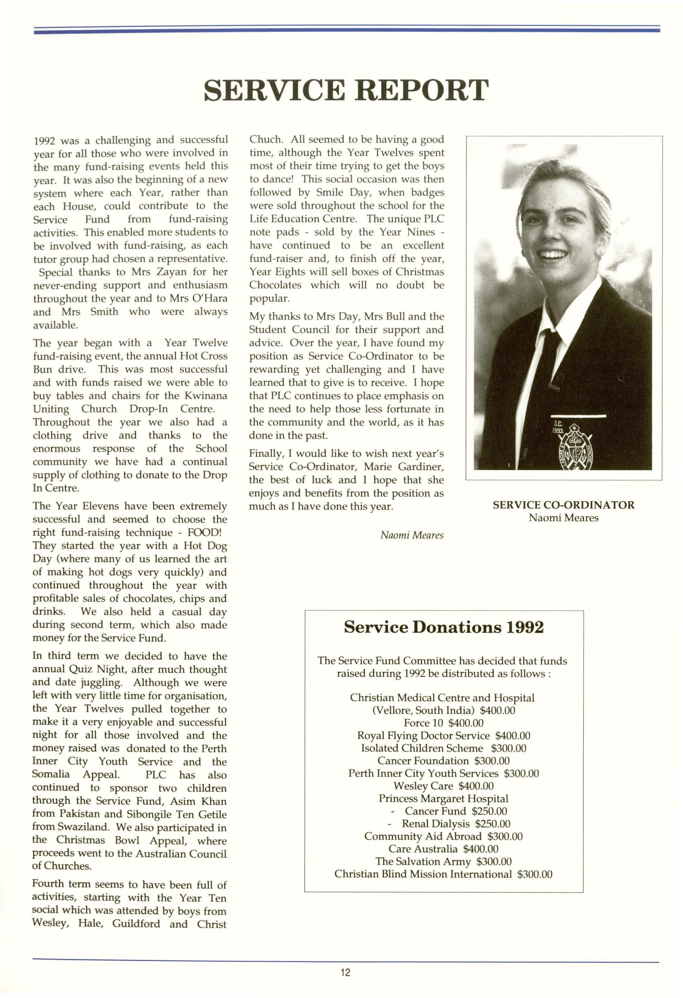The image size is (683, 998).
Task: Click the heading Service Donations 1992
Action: pyautogui.click(x=444, y=627)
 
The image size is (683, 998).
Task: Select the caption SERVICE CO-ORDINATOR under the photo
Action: pyautogui.click(x=563, y=505)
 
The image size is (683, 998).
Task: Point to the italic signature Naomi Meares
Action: pyautogui.click(x=411, y=535)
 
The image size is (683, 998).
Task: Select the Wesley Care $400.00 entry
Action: pyautogui.click(x=443, y=786)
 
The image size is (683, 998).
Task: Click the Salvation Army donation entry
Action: pyautogui.click(x=443, y=861)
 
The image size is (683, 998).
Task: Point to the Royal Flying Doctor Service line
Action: pyautogui.click(x=443, y=736)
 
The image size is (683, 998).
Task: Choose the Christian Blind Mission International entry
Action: pyautogui.click(x=443, y=874)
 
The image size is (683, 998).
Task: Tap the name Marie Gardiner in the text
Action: pyautogui.click(x=404, y=466)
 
